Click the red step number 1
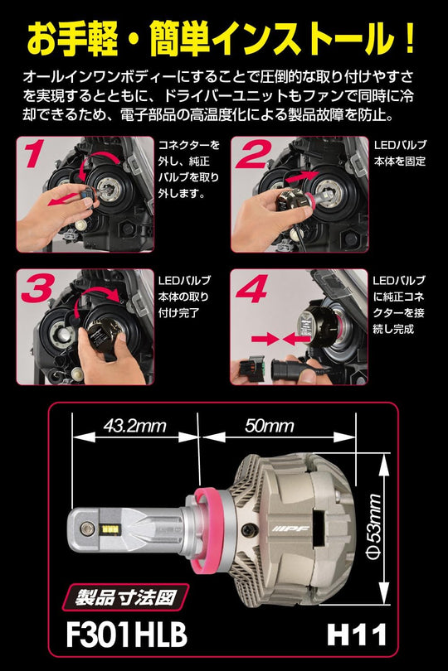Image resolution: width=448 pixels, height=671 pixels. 34,152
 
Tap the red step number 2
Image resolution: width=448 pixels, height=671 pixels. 253,152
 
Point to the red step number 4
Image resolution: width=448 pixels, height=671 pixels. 252,287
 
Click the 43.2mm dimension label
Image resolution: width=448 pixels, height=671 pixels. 134,426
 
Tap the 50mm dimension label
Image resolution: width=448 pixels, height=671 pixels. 270,426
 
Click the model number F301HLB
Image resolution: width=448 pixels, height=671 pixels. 126,635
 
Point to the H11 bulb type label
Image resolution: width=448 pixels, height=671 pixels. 356,635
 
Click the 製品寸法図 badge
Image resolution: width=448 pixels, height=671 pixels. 125,597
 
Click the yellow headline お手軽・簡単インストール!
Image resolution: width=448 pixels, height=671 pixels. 222,39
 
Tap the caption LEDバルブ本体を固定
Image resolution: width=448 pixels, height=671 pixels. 400,153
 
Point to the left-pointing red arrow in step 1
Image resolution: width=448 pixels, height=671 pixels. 66,199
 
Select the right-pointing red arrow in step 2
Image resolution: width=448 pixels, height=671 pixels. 302,176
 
